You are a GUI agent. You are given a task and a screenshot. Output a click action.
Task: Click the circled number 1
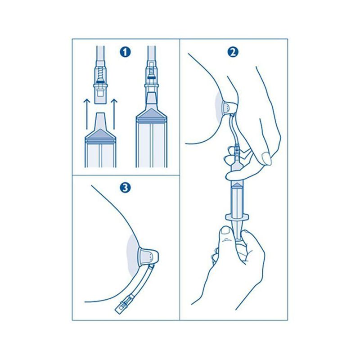[x=125, y=52]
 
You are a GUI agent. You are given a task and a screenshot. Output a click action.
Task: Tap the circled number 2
[x=233, y=52]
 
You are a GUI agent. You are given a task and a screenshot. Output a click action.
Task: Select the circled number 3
[x=125, y=188]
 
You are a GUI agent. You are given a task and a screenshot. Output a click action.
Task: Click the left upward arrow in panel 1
[x=86, y=114]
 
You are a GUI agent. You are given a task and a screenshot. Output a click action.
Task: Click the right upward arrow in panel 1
[x=114, y=114]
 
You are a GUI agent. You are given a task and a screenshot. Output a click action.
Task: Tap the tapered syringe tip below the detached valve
[x=100, y=121]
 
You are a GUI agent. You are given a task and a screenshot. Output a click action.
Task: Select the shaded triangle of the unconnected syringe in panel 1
[x=100, y=134]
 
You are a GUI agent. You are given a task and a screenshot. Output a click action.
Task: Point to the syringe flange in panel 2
[x=237, y=217]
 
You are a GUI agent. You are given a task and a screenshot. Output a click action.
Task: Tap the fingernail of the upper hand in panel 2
[x=266, y=158]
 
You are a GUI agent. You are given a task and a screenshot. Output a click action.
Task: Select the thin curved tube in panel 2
[x=234, y=129]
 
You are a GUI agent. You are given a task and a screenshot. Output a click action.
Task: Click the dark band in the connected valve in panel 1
[x=151, y=78]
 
